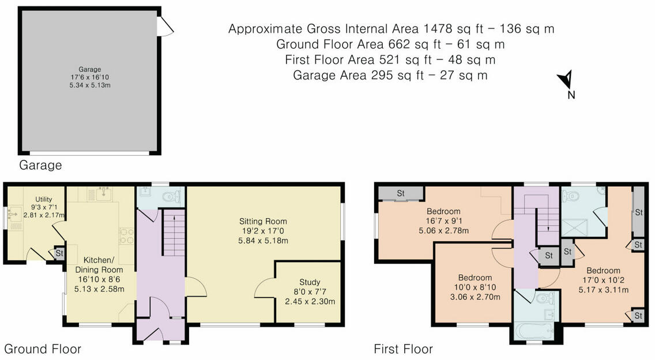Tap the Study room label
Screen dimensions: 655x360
(310, 282)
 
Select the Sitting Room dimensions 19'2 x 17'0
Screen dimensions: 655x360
(263, 231)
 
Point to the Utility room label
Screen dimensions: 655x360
(43, 200)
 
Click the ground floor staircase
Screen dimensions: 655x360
(174, 233)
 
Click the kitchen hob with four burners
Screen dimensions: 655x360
(127, 236)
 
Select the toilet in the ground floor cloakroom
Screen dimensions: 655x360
(172, 197)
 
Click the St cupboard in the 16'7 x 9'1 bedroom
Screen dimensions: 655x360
(401, 194)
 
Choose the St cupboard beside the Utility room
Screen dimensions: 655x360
(59, 253)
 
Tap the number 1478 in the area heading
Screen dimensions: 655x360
(438, 29)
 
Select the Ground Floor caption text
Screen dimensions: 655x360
(42, 348)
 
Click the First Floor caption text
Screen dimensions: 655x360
(403, 348)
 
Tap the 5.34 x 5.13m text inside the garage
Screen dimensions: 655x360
(90, 85)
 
